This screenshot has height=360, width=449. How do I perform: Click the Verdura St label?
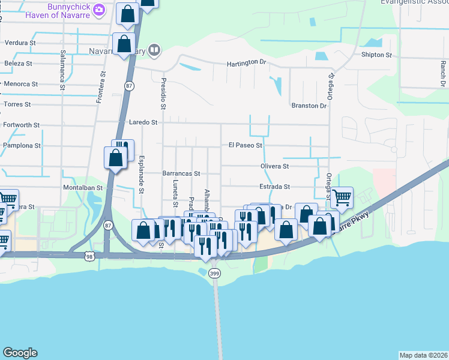[20, 43]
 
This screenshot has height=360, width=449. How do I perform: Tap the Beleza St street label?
[19, 63]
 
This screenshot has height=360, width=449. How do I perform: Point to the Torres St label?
[17, 104]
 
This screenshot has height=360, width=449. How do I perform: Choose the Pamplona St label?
[22, 145]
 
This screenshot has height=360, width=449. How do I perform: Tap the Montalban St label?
[83, 187]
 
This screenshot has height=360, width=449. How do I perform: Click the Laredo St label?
[143, 122]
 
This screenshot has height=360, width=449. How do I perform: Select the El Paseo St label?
[245, 145]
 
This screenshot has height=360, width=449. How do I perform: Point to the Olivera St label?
[275, 166]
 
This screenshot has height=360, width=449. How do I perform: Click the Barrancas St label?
[181, 173]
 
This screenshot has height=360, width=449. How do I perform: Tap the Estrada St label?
[275, 187]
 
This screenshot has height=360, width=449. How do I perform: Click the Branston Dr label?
[309, 106]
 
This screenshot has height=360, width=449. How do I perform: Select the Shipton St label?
[376, 55]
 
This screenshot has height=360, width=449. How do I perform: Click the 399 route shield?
[214, 274]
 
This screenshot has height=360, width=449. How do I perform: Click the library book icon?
[154, 50]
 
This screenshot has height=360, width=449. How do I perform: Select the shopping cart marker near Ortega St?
[342, 196]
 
